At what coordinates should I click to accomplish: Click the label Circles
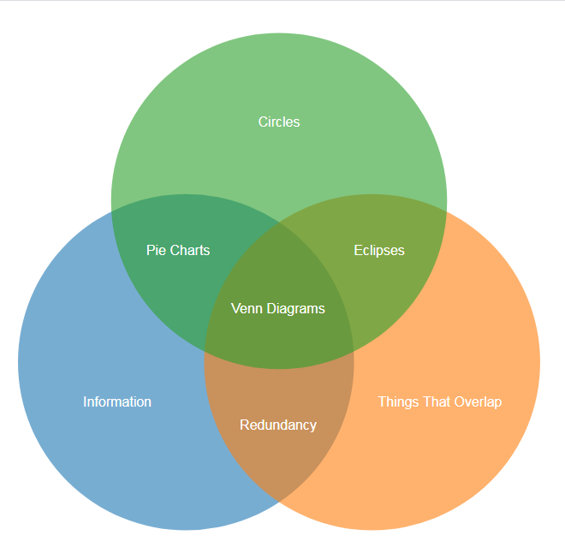(279, 122)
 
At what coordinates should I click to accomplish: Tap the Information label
(117, 401)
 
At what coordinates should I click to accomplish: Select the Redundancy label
(278, 425)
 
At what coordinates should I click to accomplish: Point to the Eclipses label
(379, 250)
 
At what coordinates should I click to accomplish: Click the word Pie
(155, 250)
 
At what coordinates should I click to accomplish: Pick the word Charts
(189, 250)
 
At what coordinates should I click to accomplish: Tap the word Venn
(245, 308)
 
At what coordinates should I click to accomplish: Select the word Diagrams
(294, 308)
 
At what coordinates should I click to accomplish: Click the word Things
(398, 401)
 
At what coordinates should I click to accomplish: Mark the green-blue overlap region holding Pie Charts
(171, 274)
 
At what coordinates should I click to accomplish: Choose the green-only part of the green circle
(279, 86)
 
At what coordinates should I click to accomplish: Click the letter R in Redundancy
(244, 425)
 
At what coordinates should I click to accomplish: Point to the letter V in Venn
(235, 308)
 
